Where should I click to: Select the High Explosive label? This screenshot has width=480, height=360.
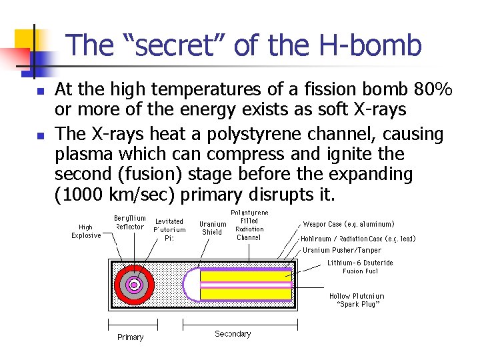(x=86, y=231)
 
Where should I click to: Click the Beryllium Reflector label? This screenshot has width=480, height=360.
(x=129, y=222)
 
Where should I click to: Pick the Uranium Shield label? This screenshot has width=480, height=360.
(x=213, y=228)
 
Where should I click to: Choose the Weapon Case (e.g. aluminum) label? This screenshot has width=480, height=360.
(x=349, y=225)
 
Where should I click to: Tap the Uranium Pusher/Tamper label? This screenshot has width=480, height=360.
(x=342, y=250)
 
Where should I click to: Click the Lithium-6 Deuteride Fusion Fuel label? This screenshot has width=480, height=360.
(x=360, y=267)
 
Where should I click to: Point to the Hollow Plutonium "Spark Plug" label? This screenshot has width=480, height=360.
(x=357, y=300)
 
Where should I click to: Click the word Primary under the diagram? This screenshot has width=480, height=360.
(x=130, y=337)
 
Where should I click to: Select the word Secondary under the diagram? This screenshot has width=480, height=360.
(x=233, y=334)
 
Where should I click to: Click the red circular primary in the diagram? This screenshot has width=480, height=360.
(x=124, y=285)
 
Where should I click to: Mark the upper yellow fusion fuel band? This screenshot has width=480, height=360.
(x=246, y=276)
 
